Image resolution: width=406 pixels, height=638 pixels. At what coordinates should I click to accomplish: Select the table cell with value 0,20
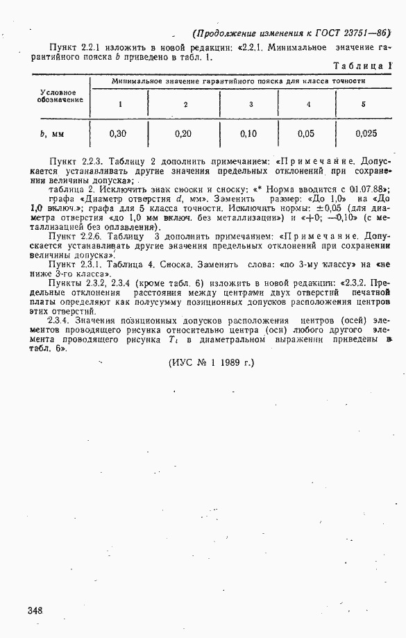184,132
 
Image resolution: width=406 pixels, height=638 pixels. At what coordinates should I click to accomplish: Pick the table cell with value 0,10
248,132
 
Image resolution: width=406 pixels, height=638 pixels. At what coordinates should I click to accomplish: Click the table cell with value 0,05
306,132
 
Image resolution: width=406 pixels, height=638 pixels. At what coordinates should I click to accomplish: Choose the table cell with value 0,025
366,132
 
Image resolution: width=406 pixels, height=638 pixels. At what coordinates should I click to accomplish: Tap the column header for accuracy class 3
251,104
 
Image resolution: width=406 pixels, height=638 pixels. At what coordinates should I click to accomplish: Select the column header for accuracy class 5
364,104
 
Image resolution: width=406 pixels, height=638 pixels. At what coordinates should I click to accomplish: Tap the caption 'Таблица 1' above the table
363,66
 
